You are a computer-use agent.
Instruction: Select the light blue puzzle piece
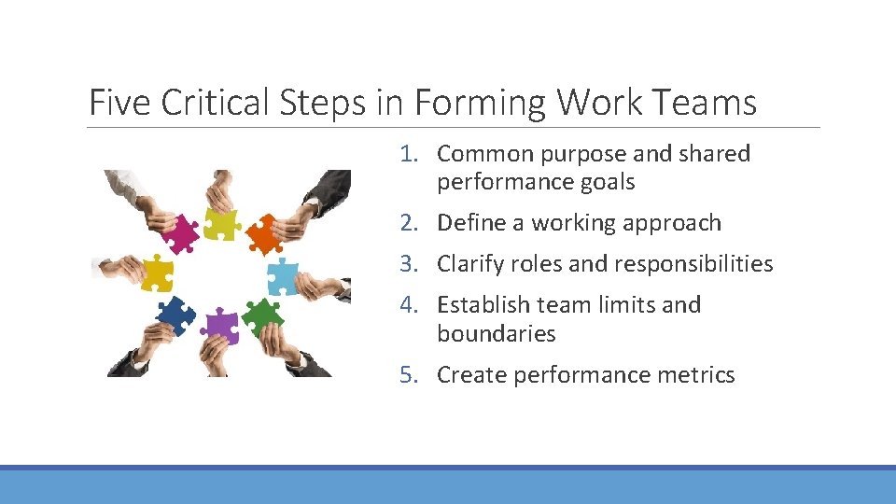click(282, 276)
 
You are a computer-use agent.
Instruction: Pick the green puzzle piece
click(262, 317)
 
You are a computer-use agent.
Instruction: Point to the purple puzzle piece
click(220, 326)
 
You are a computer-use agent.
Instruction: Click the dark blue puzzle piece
click(176, 315)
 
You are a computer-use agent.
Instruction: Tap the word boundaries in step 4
click(496, 334)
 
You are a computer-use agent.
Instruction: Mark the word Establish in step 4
click(482, 305)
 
